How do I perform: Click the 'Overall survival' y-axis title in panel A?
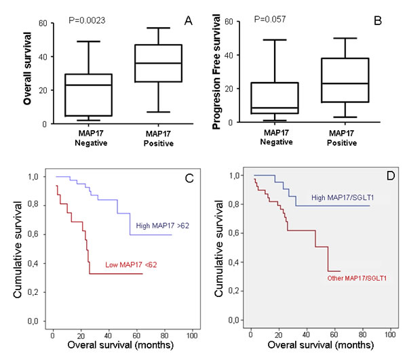[12, 73]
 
